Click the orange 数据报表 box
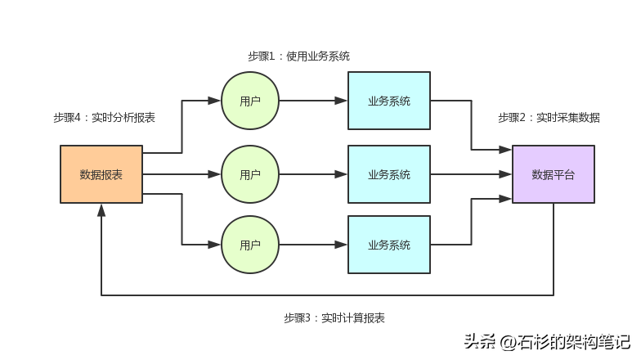tap(101, 174)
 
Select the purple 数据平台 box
tap(554, 174)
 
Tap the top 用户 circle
tap(250, 101)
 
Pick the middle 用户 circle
tap(250, 174)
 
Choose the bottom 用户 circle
tap(250, 245)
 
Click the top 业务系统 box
tap(389, 101)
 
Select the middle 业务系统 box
tap(389, 174)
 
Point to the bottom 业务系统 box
tap(389, 245)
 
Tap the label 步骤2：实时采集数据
tap(549, 118)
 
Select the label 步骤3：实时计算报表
tap(334, 318)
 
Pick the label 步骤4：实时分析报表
tap(104, 118)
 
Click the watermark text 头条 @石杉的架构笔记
tap(547, 341)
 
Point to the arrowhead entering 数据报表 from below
tap(101, 209)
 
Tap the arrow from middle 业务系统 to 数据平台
tap(471, 174)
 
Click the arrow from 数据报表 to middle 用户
tap(182, 174)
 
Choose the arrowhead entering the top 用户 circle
tap(215, 101)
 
